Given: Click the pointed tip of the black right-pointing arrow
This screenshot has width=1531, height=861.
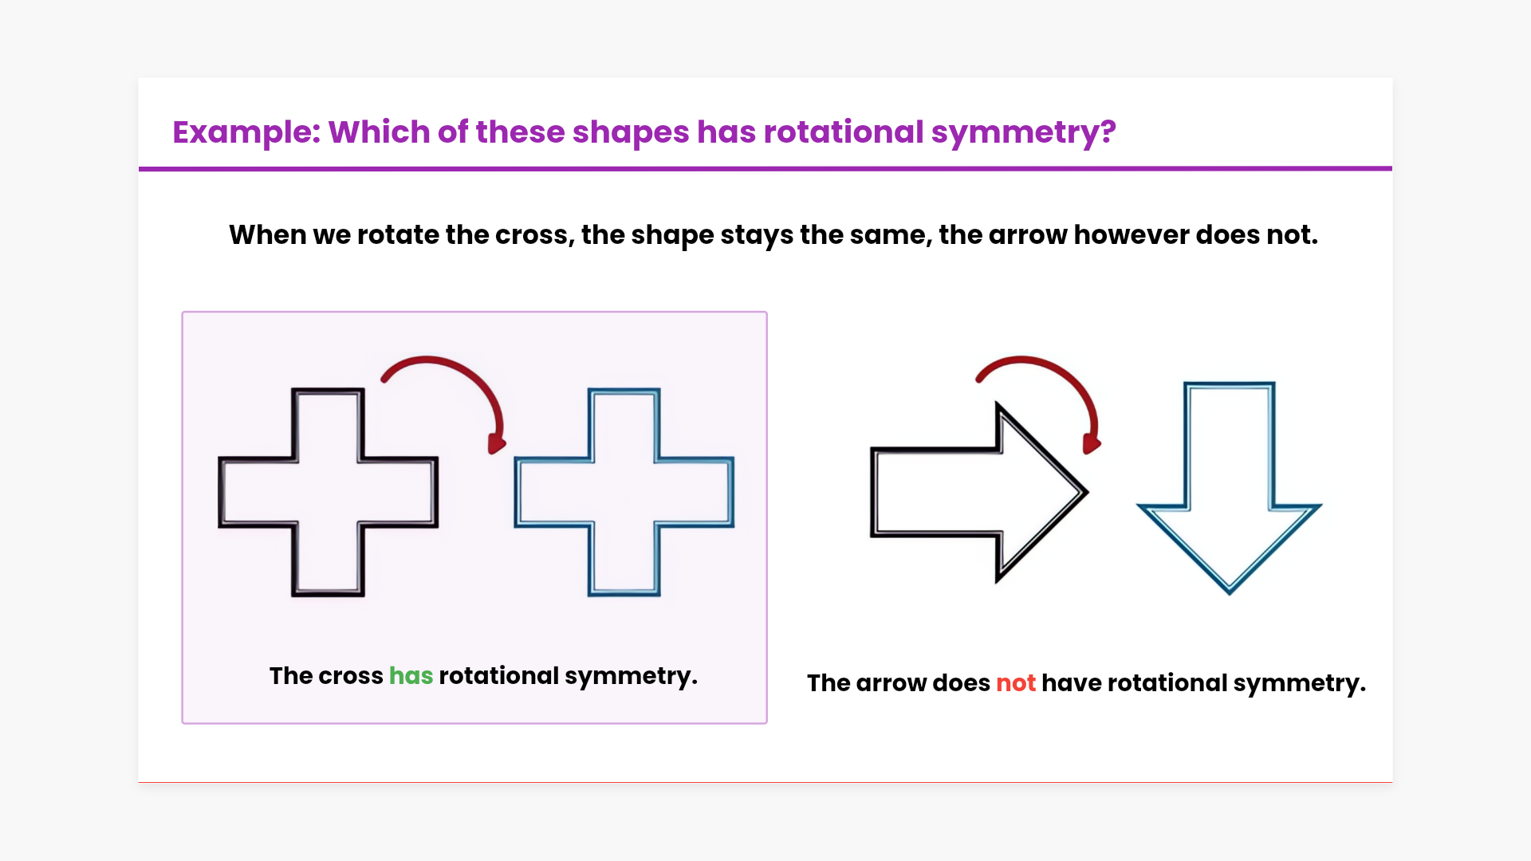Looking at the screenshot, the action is (1088, 492).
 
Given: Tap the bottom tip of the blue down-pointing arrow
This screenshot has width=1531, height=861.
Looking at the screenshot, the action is (1230, 593).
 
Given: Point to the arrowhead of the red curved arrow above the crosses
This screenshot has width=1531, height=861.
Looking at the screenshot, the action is (496, 444).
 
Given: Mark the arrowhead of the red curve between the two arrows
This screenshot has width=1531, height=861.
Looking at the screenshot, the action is (1091, 444).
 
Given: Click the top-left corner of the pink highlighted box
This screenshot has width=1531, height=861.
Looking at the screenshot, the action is (183, 312).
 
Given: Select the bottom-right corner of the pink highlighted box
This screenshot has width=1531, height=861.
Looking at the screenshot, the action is (767, 723).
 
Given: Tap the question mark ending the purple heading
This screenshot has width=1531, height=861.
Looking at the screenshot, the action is (1108, 132).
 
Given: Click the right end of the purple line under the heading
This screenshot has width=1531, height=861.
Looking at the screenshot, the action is (1391, 168).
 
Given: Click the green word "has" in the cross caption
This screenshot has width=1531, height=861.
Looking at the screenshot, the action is (411, 676).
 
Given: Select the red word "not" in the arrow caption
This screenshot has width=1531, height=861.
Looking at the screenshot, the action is (1016, 683).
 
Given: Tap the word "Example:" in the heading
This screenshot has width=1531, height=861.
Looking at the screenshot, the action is (246, 132).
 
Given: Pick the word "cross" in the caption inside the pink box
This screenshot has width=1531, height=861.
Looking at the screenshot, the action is (351, 676).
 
